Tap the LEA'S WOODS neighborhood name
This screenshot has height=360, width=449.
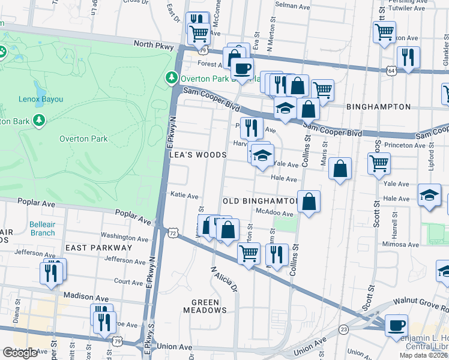[x=197, y=155]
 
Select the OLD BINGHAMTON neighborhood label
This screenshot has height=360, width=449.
[x=260, y=200]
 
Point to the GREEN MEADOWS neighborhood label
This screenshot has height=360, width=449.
[x=209, y=305]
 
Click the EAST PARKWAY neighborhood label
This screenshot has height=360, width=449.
[x=98, y=247]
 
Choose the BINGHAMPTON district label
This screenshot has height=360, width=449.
[x=378, y=107]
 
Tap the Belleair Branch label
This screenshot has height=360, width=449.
[x=42, y=229]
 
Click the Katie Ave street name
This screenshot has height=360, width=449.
[x=184, y=196]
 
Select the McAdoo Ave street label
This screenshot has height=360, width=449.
[x=274, y=213]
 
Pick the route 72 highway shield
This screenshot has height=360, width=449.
[x=173, y=232]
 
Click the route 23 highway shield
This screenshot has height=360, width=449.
[x=343, y=329]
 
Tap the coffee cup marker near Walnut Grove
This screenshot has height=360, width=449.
[x=396, y=325]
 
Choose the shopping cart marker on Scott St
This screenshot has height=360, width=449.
[x=379, y=163]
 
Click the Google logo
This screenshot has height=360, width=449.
[x=20, y=353]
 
